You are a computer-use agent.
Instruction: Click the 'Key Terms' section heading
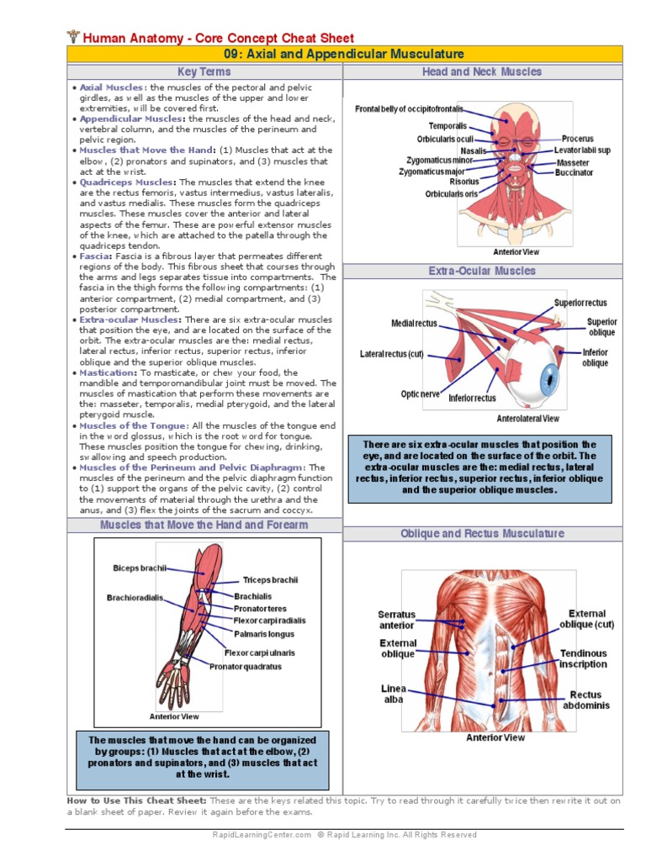click(204, 72)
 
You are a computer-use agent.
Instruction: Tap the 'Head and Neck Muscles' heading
click(482, 72)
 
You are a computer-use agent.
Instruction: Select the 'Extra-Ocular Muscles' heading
click(482, 271)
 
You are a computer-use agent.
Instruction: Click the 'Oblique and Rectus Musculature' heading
click(482, 533)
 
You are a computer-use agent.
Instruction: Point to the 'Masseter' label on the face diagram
click(573, 162)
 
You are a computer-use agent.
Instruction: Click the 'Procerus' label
click(578, 139)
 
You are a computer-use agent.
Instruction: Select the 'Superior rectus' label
click(580, 303)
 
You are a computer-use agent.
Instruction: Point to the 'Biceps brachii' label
click(140, 568)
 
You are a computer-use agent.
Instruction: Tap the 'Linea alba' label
click(392, 694)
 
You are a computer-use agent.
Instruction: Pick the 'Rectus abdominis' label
click(586, 700)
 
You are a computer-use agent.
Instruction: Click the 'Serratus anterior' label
click(396, 620)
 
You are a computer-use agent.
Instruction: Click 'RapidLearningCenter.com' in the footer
click(262, 835)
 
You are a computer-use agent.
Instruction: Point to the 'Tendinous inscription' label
click(583, 658)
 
